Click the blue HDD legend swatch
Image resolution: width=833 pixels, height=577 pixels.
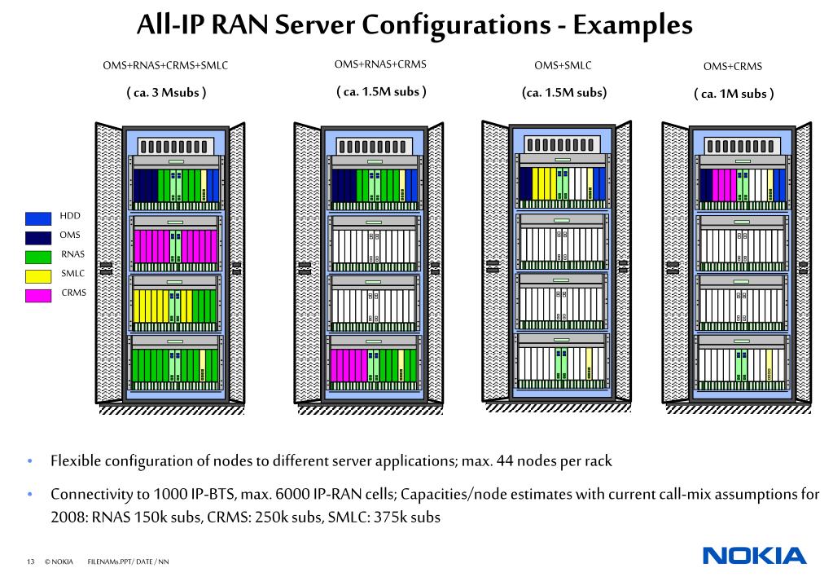38,218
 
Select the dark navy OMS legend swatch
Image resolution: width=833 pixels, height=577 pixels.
38,237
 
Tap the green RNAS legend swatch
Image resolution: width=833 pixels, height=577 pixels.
38,257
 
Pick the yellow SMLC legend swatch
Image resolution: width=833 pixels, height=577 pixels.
38,276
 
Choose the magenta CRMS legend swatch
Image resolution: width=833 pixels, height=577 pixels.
38,295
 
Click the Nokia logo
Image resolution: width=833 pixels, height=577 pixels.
754,556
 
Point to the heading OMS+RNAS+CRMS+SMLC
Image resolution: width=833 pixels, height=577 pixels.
165,65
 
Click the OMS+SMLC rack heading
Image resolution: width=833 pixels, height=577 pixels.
563,65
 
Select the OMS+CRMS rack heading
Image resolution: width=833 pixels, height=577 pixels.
733,67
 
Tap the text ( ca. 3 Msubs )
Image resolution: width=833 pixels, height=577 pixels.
166,93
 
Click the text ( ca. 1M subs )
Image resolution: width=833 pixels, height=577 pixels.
734,94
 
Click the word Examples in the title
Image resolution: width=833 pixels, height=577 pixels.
633,25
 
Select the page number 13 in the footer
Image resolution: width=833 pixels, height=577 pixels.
30,562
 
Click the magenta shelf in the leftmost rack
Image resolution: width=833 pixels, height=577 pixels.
175,246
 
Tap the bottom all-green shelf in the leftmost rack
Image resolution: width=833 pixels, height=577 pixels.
175,365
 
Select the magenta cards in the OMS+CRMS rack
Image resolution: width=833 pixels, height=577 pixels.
724,185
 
